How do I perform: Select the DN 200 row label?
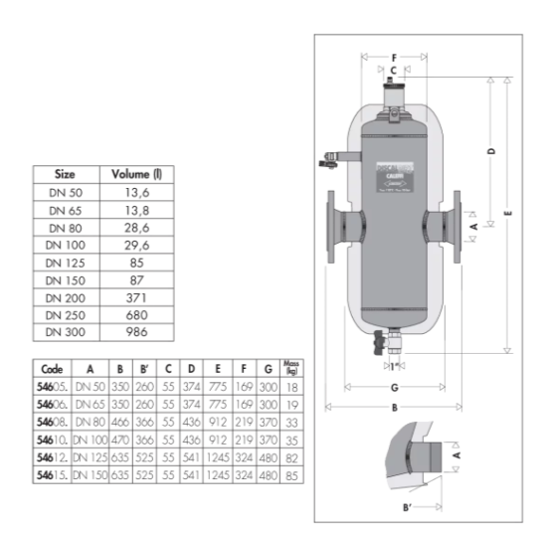click(66, 294)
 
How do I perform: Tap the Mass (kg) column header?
click(292, 367)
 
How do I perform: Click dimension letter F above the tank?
click(394, 57)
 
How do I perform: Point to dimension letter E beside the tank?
click(507, 214)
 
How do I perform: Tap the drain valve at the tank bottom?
click(379, 348)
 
